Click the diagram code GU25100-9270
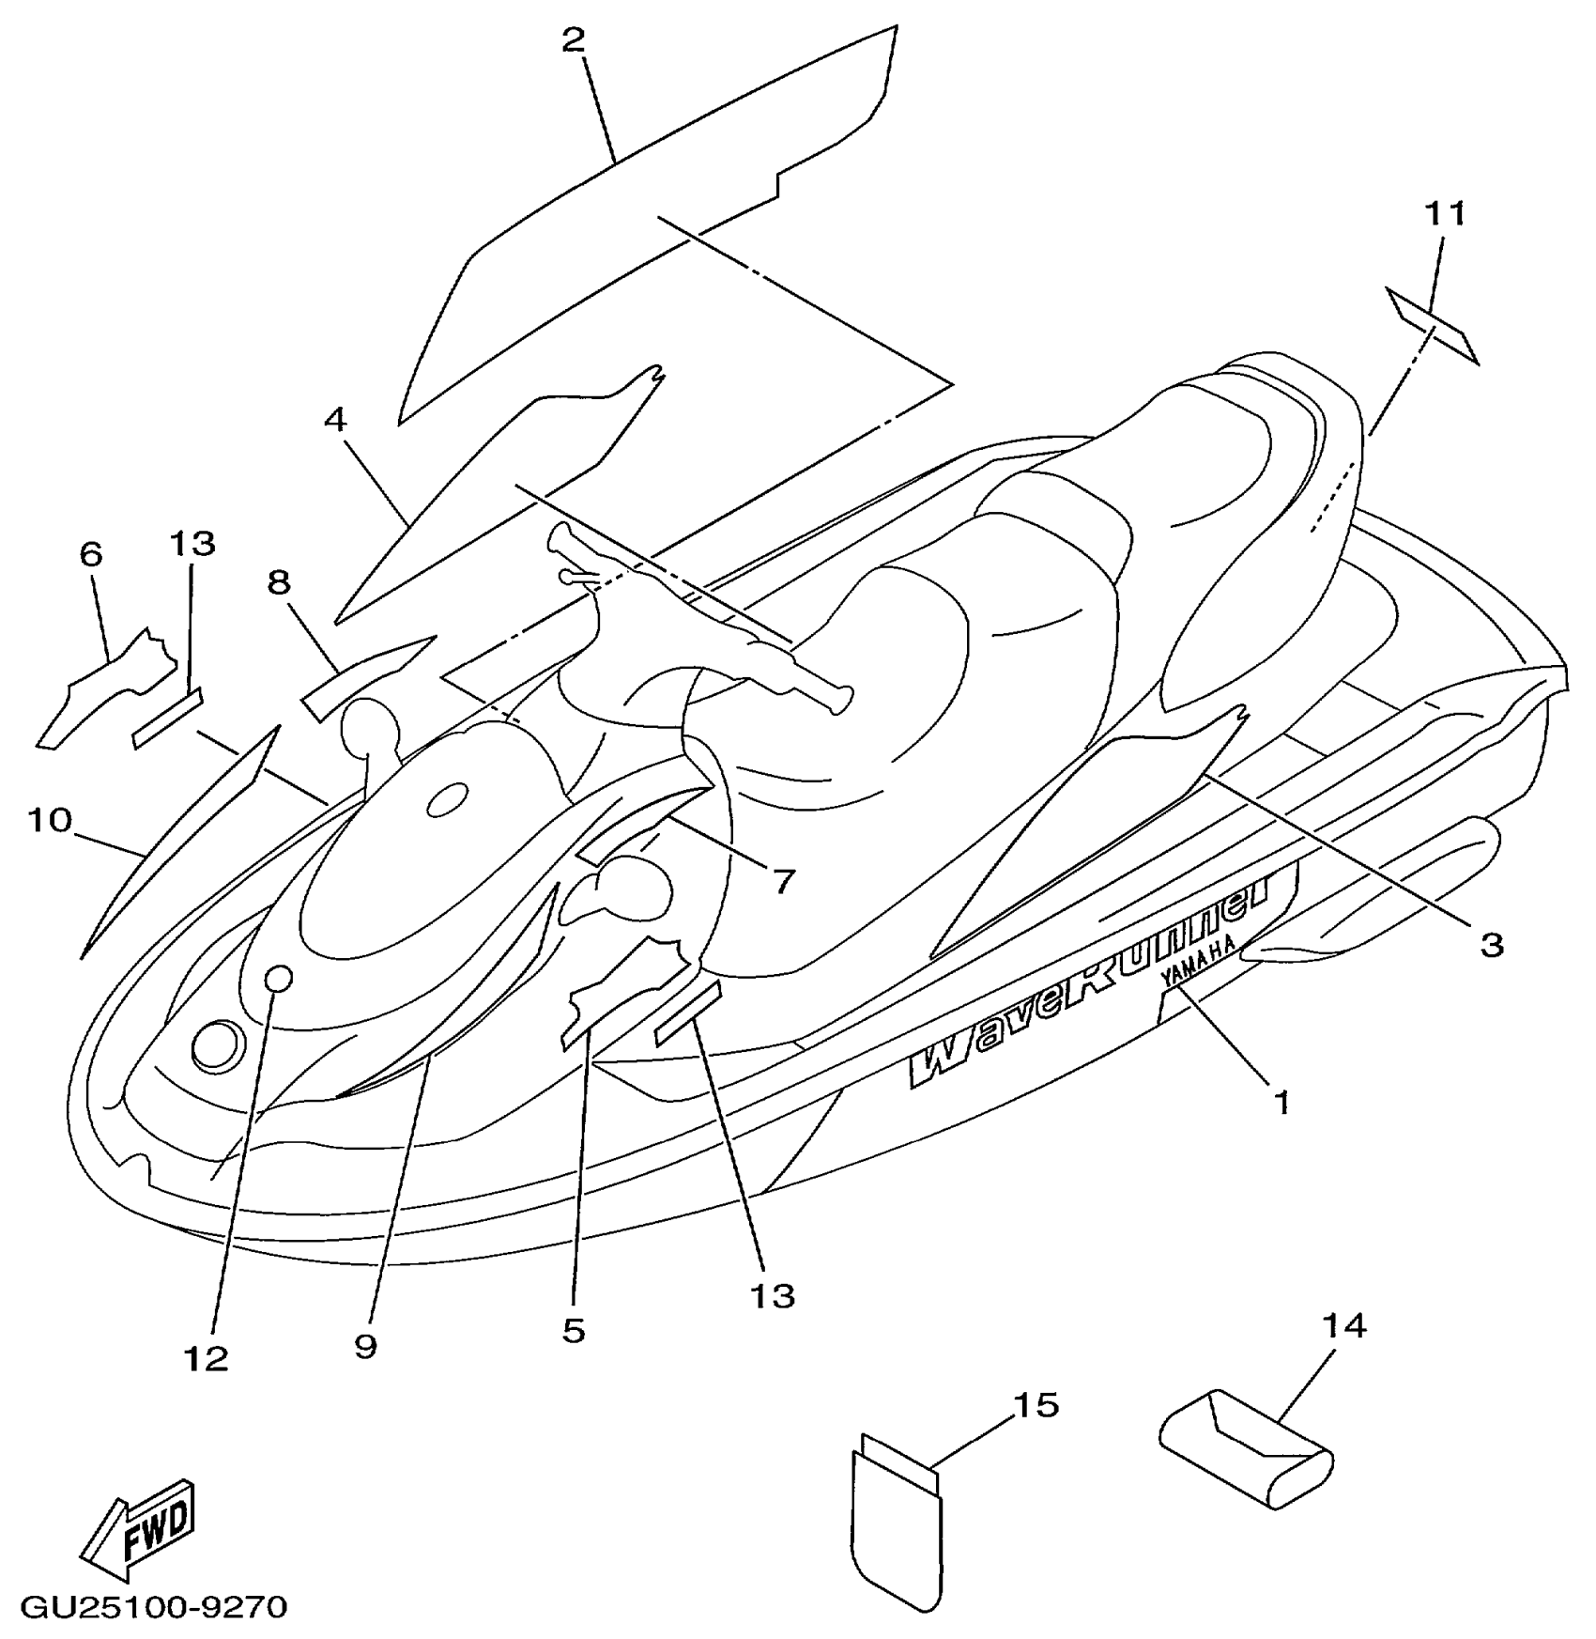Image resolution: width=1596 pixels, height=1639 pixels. click(x=154, y=1607)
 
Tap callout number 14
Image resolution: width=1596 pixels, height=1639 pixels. click(x=1344, y=1326)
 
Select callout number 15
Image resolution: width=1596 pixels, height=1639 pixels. click(x=1036, y=1405)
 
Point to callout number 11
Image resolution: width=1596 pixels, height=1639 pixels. click(x=1446, y=215)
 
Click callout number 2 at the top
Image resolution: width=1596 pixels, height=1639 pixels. click(x=574, y=40)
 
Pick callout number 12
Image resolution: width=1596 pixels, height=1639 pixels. click(x=207, y=1357)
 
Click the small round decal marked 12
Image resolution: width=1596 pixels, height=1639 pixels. click(x=279, y=979)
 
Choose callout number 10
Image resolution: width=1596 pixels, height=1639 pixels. click(x=50, y=821)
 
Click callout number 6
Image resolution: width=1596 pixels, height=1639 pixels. click(x=90, y=555)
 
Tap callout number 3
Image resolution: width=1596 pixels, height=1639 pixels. click(x=1491, y=944)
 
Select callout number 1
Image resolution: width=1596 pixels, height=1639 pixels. click(x=1281, y=1101)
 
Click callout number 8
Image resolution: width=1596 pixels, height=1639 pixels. click(x=279, y=583)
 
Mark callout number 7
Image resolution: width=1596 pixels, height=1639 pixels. click(x=783, y=880)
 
